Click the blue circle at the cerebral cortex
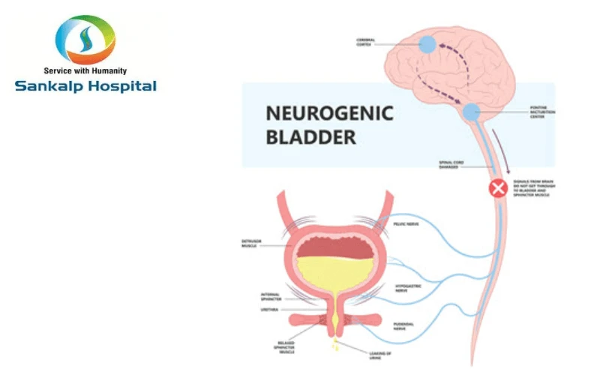426,44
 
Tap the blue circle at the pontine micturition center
470,113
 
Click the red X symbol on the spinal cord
498,188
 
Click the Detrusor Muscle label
250,244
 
